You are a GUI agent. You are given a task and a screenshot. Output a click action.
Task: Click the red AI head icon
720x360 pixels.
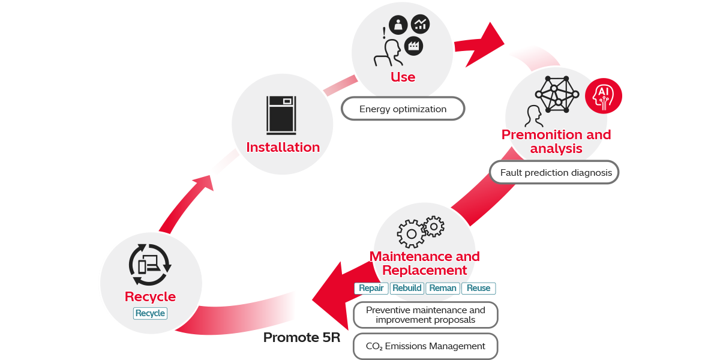point(603,95)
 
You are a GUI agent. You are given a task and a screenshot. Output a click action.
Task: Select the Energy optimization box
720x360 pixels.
point(403,109)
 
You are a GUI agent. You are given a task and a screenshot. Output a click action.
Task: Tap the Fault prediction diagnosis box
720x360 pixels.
point(554,172)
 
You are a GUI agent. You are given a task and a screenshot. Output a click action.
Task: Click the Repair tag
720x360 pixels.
point(371,288)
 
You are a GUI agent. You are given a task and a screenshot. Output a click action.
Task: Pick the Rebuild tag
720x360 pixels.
point(407,288)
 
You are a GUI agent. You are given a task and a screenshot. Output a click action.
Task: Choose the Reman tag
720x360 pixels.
point(443,288)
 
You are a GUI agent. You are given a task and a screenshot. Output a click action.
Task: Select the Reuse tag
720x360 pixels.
point(478,288)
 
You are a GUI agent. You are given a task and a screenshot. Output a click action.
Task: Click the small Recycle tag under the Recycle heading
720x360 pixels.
point(150,313)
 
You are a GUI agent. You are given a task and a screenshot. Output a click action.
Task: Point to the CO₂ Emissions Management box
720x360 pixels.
point(425,346)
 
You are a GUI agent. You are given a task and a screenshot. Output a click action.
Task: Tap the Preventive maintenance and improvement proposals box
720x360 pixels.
point(425,315)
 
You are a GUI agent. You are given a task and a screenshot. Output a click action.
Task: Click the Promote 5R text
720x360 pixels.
point(302,338)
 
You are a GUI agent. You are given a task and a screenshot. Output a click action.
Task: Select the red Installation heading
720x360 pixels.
point(283,147)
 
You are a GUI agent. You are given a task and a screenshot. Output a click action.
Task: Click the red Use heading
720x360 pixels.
point(403,77)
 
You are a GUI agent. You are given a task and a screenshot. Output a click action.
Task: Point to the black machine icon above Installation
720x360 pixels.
point(282,115)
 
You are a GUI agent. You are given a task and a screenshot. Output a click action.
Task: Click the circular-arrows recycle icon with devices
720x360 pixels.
point(151,264)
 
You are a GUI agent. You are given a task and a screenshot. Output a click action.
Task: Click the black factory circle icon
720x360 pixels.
point(413,45)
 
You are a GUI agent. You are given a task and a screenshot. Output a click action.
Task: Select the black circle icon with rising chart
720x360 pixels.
point(420,24)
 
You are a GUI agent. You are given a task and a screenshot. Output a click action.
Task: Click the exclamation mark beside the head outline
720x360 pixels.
point(384,34)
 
